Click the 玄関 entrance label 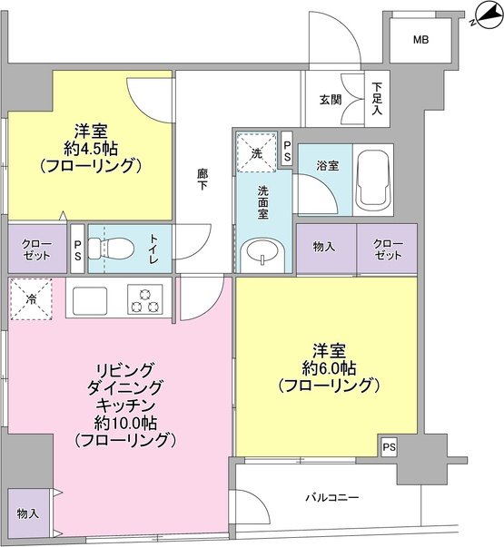pos(331,98)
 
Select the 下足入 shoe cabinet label pos(378,99)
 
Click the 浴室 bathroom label pos(328,166)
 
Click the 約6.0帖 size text pos(327,367)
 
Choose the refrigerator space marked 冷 pos(33,299)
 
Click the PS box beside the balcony pos(389,446)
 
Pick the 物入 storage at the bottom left pos(27,513)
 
